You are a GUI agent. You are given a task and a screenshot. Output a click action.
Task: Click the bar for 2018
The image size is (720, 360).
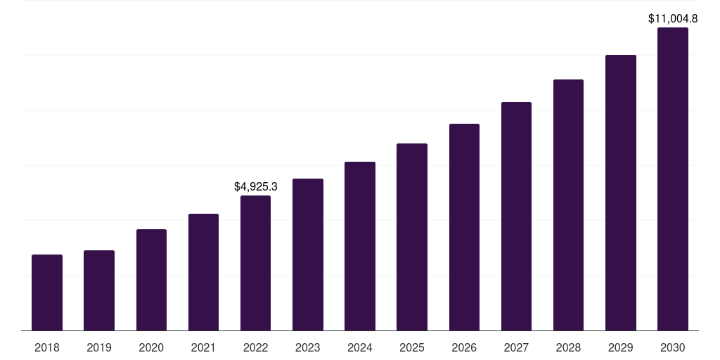(x=47, y=292)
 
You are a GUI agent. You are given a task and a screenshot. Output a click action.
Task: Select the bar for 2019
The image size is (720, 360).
(x=99, y=290)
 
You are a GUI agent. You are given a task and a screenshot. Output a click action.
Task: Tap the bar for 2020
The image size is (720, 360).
(x=151, y=280)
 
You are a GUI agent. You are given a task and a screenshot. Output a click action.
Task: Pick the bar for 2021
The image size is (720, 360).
(x=203, y=272)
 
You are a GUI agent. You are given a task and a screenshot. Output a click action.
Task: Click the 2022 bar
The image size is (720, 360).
(x=255, y=263)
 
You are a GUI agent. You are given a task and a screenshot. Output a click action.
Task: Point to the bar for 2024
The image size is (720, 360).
(x=360, y=246)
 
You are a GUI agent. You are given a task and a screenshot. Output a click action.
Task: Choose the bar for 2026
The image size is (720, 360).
(x=464, y=227)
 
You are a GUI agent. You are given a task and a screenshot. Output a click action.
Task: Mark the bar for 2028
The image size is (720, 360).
(x=568, y=205)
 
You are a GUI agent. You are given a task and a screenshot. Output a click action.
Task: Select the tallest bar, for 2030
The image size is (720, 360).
(x=672, y=179)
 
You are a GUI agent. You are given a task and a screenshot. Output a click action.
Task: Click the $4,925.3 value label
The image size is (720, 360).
(x=256, y=186)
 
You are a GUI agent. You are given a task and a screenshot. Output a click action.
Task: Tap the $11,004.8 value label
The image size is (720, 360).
(x=673, y=19)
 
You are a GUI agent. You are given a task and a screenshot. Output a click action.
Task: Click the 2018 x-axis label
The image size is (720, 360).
(x=47, y=347)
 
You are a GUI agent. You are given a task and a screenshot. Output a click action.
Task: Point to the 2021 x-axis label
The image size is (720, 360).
(x=203, y=347)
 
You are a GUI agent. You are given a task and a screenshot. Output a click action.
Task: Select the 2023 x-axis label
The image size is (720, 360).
(x=308, y=347)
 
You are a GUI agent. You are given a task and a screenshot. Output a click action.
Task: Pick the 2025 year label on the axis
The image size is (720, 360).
(x=412, y=347)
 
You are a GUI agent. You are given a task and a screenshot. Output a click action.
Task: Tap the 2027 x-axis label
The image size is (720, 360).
(x=516, y=347)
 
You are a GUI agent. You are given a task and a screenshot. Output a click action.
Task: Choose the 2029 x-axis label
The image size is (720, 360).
(x=620, y=347)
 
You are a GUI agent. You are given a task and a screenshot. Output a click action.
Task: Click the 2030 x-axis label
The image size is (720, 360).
(x=672, y=347)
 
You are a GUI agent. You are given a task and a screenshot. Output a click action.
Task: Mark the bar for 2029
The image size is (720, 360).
(x=620, y=193)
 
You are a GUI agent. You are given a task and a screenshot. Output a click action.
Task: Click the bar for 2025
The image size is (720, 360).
(x=412, y=237)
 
